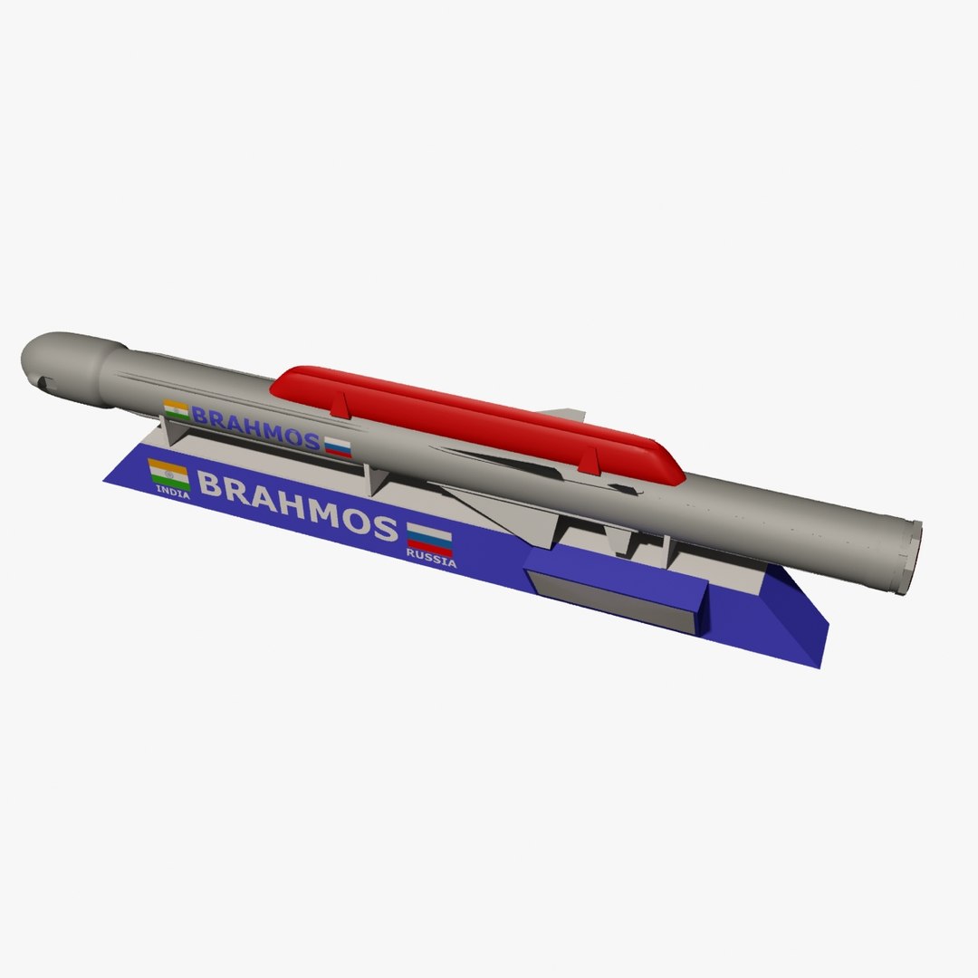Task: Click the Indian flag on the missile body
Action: [176, 409]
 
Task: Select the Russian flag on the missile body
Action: [338, 446]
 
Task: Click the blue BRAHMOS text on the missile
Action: [256, 428]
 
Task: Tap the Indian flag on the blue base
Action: [168, 473]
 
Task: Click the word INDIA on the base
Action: [173, 494]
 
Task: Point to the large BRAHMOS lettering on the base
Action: [297, 507]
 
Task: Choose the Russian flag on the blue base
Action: [429, 538]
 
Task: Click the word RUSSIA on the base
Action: [431, 562]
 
